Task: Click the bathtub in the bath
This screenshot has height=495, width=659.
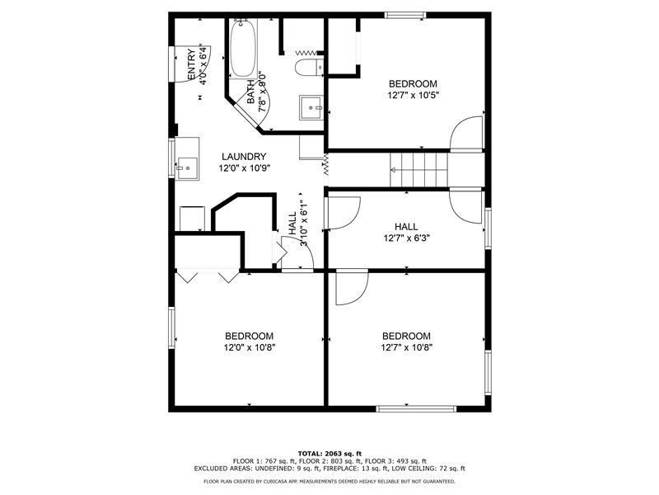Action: click(243, 49)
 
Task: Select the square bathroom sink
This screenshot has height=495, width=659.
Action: click(311, 107)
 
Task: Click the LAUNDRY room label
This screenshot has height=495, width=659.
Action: click(244, 157)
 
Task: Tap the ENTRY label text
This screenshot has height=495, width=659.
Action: click(191, 65)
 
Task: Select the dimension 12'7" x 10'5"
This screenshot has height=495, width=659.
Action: click(414, 96)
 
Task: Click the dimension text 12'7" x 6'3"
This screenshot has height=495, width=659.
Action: click(406, 238)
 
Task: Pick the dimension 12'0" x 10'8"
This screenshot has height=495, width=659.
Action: click(250, 347)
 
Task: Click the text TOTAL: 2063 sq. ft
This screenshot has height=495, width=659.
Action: click(329, 453)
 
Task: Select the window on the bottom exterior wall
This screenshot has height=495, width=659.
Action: click(416, 408)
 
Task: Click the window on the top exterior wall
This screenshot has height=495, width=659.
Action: click(405, 16)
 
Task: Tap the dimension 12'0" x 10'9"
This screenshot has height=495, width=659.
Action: click(244, 168)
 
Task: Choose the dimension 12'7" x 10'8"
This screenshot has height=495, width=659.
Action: click(406, 347)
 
